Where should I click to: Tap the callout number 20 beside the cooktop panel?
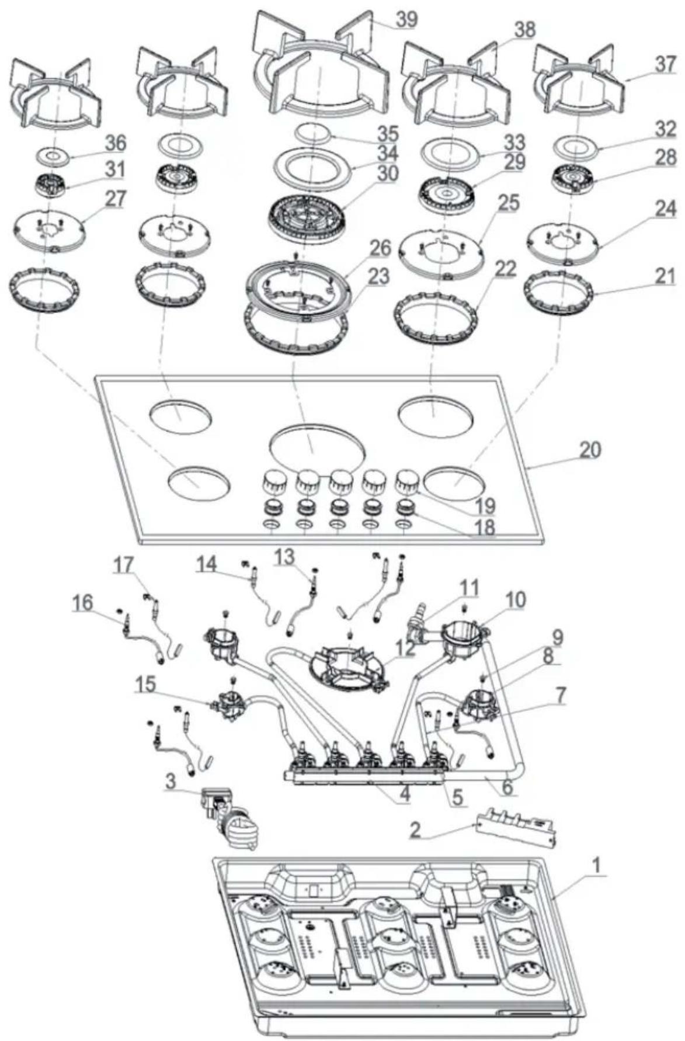pyautogui.click(x=589, y=450)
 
